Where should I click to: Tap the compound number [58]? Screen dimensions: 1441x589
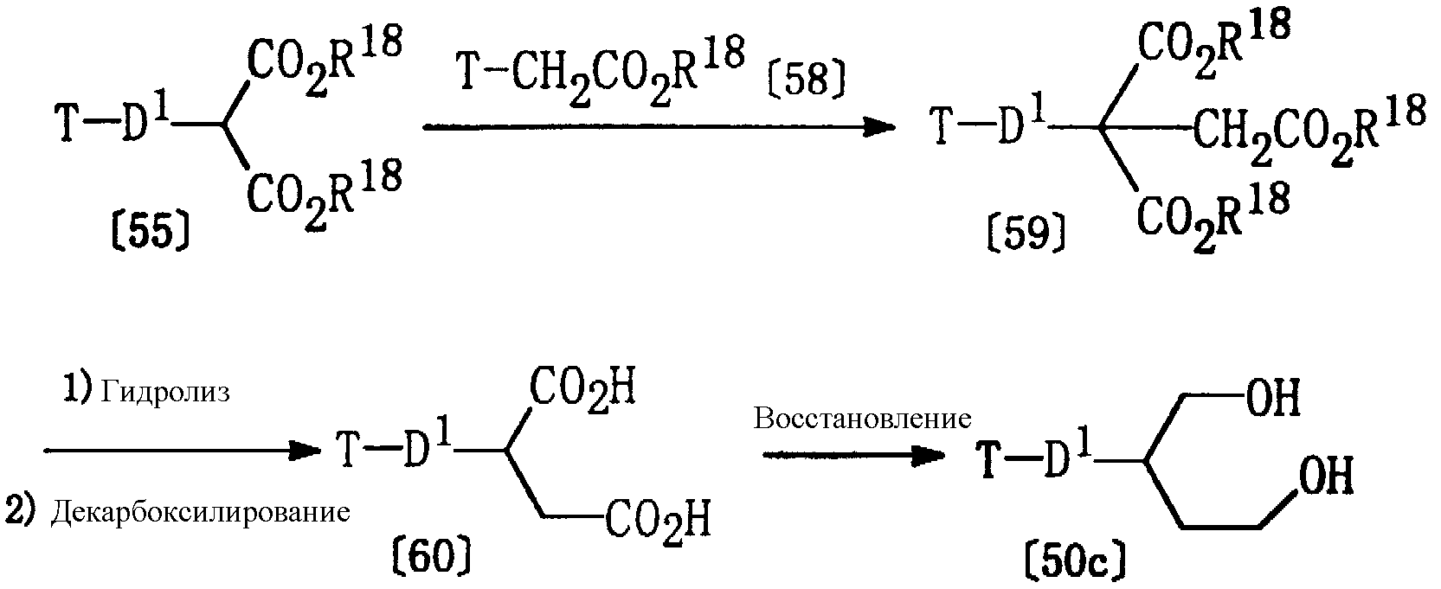(806, 80)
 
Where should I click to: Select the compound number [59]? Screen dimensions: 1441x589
(1026, 233)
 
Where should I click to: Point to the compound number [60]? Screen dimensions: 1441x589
(432, 555)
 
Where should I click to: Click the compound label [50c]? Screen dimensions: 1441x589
(1075, 562)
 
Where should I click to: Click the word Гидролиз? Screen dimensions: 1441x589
(164, 393)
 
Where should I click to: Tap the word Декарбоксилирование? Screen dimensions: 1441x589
(200, 513)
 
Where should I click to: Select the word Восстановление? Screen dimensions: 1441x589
(862, 419)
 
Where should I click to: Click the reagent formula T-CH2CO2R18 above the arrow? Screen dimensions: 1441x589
(601, 71)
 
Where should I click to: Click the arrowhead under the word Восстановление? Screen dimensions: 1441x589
(929, 455)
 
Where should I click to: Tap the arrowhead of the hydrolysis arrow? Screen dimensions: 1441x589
(304, 451)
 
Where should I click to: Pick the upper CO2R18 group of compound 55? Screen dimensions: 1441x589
(325, 61)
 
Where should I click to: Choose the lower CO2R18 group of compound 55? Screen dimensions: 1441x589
(325, 195)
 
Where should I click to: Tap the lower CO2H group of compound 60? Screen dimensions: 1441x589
(658, 521)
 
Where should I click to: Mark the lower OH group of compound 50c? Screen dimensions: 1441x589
(1326, 476)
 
